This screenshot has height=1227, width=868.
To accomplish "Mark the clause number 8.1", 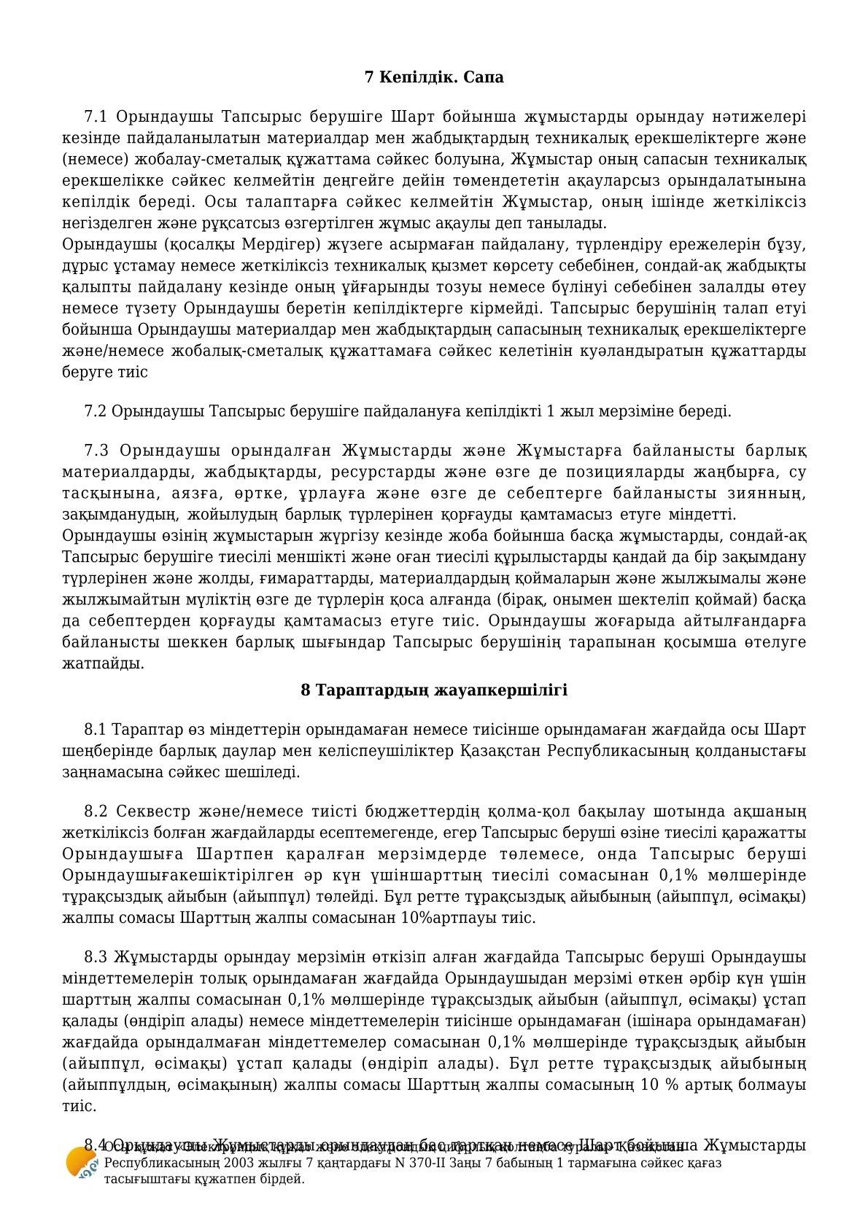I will [x=96, y=729].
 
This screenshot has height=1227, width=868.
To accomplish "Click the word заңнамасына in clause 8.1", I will [x=107, y=771].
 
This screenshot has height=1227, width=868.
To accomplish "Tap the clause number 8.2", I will [x=96, y=811].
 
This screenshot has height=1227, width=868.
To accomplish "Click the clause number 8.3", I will [x=96, y=957].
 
